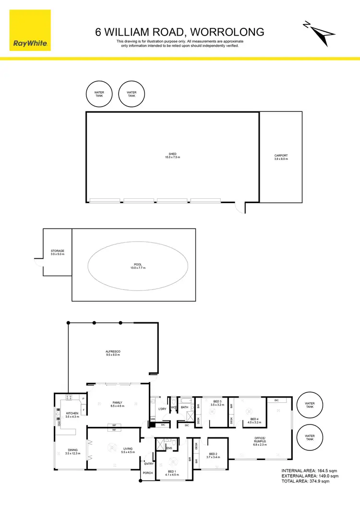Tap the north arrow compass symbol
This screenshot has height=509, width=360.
pos(319,33)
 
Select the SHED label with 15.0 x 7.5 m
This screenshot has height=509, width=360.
pos(173,156)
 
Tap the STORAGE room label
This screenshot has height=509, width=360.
pos(58,253)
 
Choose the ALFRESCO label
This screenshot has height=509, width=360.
pos(112,353)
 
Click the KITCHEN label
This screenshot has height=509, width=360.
pos(72,414)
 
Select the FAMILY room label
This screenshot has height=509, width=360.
pos(118,404)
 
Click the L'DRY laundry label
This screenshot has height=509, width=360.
pos(162,409)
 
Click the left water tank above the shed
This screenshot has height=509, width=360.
pos(99,94)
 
